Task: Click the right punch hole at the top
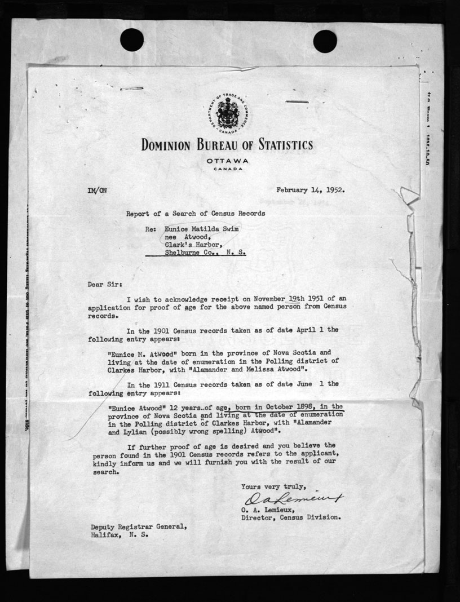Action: tap(325, 41)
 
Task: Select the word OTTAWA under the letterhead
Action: tap(227, 161)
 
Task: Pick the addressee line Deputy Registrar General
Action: tap(139, 526)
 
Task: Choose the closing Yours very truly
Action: tap(273, 486)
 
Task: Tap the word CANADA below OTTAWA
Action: tap(227, 169)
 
